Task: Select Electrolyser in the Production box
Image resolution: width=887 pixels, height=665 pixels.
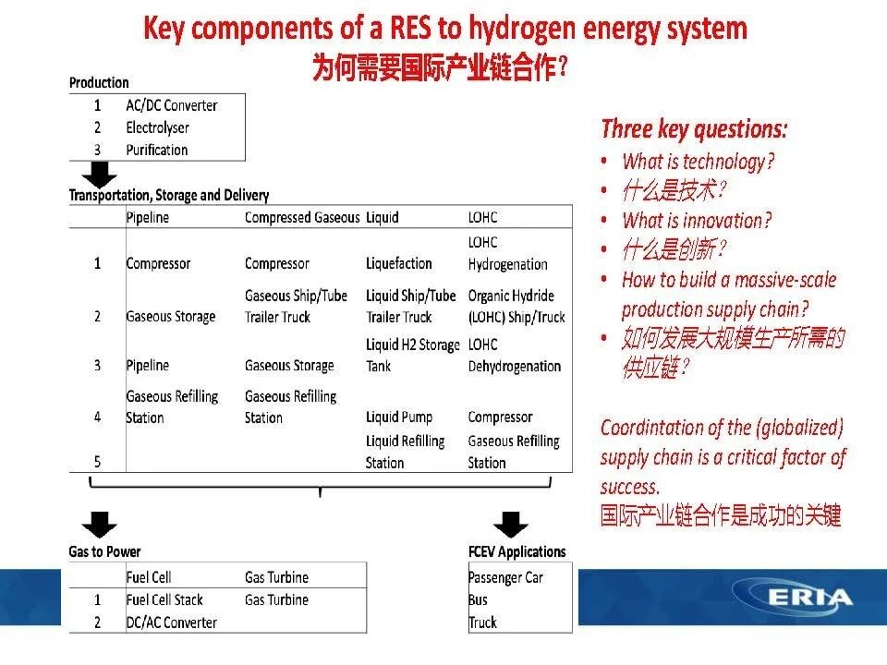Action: (157, 127)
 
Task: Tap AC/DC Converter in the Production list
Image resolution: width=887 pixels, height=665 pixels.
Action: (172, 105)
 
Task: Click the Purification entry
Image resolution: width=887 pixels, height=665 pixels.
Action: (157, 150)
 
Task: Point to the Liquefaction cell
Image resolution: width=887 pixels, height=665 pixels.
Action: (399, 263)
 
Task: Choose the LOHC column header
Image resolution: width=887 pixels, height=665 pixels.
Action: (482, 217)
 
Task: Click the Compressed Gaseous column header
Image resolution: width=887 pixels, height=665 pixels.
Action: (302, 217)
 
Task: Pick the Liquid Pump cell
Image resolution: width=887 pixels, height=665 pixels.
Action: (399, 417)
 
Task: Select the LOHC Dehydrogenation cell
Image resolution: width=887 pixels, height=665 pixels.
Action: (515, 355)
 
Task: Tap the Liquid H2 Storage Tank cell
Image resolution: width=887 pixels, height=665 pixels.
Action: (412, 355)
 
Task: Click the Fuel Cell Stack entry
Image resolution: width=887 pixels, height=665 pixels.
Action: (164, 599)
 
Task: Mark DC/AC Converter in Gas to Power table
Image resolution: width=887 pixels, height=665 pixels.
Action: (172, 623)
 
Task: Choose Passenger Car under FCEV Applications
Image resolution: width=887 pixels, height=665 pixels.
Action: (505, 577)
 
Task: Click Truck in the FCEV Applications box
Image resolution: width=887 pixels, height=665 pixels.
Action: (482, 623)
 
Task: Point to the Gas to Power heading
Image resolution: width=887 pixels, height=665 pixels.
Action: (104, 551)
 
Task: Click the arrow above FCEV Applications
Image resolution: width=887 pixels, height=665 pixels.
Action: (511, 525)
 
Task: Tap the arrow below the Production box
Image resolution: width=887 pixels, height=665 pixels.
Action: (99, 175)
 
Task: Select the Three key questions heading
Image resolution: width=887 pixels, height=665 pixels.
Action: (694, 129)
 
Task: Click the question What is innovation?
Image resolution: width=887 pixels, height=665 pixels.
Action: (697, 221)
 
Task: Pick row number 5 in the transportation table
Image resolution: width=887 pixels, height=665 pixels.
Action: (97, 462)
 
